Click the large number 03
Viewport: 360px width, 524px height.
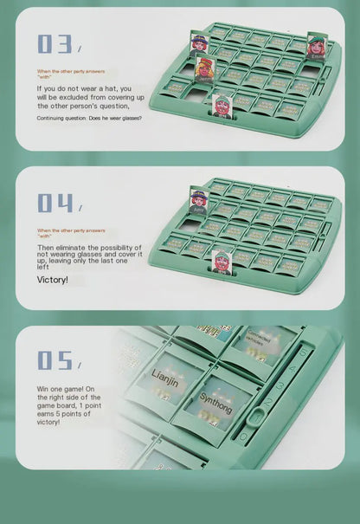pyautogui.click(x=55, y=44)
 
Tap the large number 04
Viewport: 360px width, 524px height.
pyautogui.click(x=55, y=203)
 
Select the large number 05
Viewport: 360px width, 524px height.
pyautogui.click(x=55, y=359)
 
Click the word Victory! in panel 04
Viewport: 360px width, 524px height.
pyautogui.click(x=52, y=280)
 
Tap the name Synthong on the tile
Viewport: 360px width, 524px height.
pyautogui.click(x=215, y=403)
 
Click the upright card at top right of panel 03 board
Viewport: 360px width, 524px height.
pyautogui.click(x=316, y=44)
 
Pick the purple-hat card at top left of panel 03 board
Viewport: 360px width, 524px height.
pyautogui.click(x=198, y=42)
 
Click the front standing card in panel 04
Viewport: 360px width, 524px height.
pyautogui.click(x=222, y=259)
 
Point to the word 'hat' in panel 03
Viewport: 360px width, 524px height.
pyautogui.click(x=125, y=88)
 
